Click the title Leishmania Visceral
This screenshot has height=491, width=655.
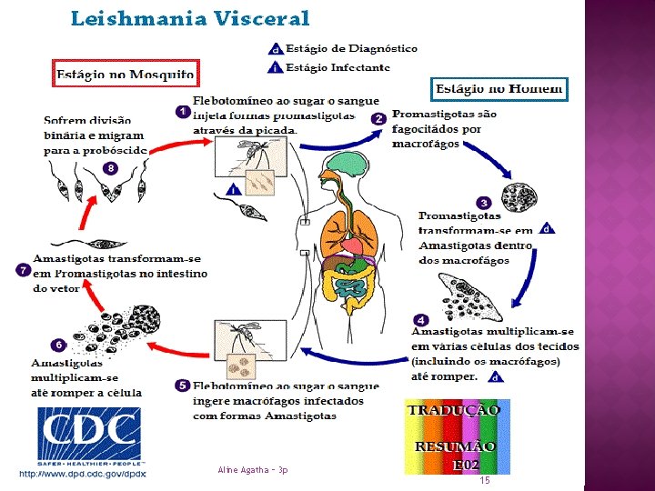pyautogui.click(x=189, y=18)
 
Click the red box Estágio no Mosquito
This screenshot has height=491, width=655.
pyautogui.click(x=126, y=74)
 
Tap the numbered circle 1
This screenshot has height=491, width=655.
pyautogui.click(x=182, y=112)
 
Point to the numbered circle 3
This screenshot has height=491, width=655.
pyautogui.click(x=484, y=203)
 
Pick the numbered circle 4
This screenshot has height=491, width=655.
pyautogui.click(x=420, y=319)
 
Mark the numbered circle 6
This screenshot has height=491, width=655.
pyautogui.click(x=57, y=345)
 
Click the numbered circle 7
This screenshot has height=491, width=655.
pyautogui.click(x=23, y=270)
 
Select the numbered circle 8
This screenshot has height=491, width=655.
pyautogui.click(x=110, y=168)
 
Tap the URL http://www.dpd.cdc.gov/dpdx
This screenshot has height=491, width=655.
pyautogui.click(x=83, y=474)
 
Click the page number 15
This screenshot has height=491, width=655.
pyautogui.click(x=485, y=479)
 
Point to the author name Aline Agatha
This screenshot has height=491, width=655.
pyautogui.click(x=253, y=470)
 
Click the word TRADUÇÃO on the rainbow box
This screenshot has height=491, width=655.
pyautogui.click(x=454, y=410)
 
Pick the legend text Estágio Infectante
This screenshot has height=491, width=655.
pyautogui.click(x=338, y=67)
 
